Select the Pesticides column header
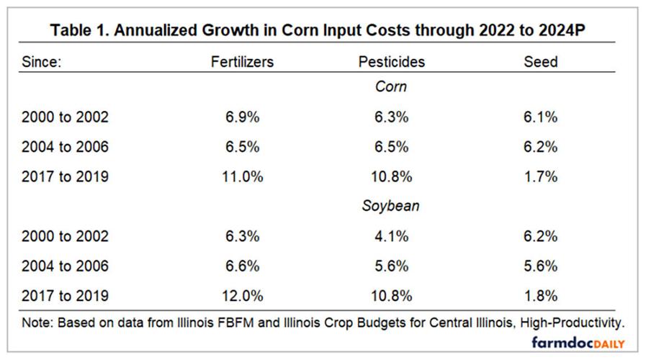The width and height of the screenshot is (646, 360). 391,61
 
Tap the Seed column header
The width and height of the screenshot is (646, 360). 540,61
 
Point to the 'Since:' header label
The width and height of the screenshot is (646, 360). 42,61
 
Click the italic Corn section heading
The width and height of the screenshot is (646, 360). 391,87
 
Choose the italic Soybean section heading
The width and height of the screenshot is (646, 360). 391,206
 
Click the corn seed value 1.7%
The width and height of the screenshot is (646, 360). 540,176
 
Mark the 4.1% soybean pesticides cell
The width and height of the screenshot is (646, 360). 391,236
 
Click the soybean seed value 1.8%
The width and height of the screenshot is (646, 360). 540,295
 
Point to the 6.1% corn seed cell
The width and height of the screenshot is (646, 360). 540,117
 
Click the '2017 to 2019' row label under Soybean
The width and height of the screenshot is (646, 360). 66,295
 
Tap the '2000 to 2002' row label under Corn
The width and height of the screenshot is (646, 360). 66,117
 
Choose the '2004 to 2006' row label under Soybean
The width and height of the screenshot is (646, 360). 66,266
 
